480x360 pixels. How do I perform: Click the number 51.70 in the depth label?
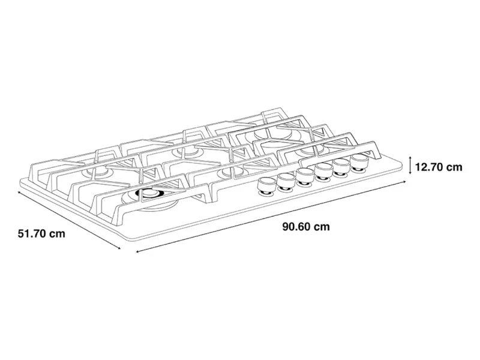[x=32, y=233]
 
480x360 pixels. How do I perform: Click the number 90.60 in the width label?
[x=297, y=227]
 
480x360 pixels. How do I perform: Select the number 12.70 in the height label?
[x=429, y=167]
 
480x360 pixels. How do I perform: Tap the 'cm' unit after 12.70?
[x=454, y=167]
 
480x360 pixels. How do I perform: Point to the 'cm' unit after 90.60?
[x=322, y=227]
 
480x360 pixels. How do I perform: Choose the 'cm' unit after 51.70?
[x=58, y=234]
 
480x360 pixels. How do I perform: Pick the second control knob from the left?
[x=286, y=182]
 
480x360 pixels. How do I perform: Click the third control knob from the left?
[x=305, y=177]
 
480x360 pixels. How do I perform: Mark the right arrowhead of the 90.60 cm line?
[x=404, y=182]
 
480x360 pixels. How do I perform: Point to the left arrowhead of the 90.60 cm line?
[x=138, y=251]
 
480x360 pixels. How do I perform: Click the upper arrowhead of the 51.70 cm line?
[x=20, y=193]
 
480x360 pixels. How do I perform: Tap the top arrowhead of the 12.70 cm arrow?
[x=410, y=157]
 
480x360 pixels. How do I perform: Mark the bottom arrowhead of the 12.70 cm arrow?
[x=410, y=173]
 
